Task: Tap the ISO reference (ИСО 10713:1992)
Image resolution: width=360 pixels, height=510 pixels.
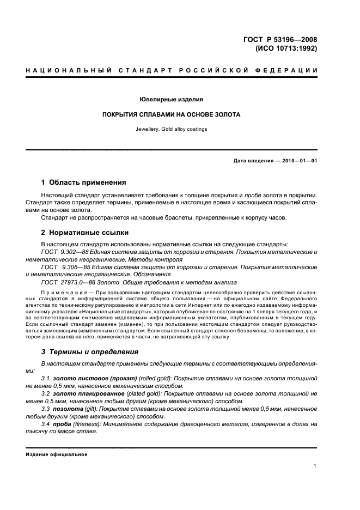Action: tap(286, 47)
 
